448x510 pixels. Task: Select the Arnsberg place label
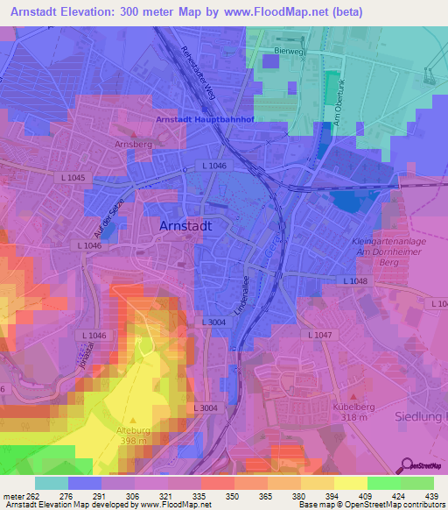point(128,144)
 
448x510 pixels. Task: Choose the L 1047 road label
point(320,336)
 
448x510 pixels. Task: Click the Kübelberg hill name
point(353,407)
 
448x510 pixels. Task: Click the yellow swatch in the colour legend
point(350,483)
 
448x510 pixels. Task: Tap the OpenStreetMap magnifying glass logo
point(408,466)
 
